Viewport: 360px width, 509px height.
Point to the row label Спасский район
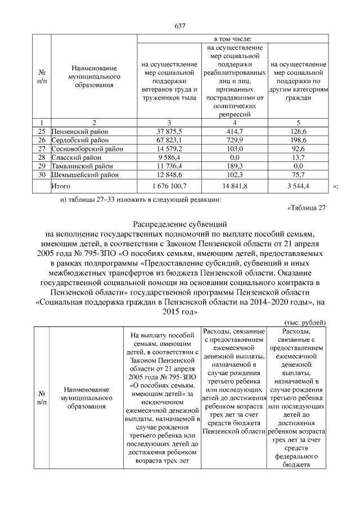[x=73, y=157]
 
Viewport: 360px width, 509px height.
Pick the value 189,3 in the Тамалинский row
[x=232, y=166]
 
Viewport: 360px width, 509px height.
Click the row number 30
[x=41, y=175]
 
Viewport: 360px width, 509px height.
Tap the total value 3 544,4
[x=298, y=185]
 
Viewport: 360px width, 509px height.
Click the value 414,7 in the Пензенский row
[x=232, y=130]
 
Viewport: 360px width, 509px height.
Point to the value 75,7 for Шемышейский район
[x=298, y=175]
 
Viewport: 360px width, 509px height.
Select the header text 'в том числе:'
[x=232, y=38]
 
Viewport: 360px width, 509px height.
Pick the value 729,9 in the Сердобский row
[x=232, y=139]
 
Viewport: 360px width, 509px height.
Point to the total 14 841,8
[x=232, y=185]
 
